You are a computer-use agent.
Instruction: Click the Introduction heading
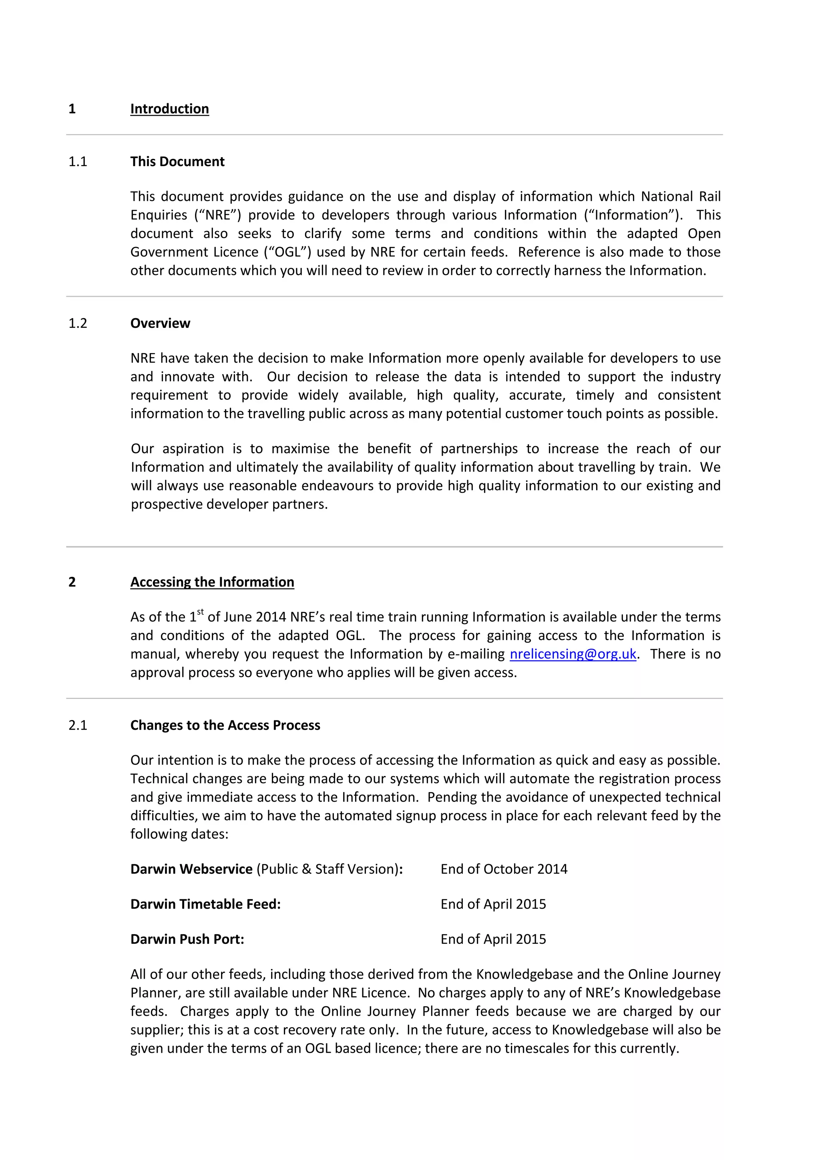pos(169,109)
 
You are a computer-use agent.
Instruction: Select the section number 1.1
pos(78,162)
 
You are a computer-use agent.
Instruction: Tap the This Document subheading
pos(177,162)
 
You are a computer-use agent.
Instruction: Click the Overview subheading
pos(160,323)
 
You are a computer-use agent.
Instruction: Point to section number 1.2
pos(78,323)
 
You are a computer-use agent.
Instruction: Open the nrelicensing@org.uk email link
pos(573,654)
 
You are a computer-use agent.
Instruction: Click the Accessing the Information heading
pos(212,582)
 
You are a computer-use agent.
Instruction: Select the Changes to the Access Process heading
pos(225,726)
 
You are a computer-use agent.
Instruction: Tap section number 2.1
pos(78,726)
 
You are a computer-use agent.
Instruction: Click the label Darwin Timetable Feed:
pos(205,904)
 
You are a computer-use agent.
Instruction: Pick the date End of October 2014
pos(504,869)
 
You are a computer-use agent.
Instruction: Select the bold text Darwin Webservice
pos(191,869)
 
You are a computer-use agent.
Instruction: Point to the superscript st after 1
pos(201,612)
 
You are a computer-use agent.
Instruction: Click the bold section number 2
pos(72,582)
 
